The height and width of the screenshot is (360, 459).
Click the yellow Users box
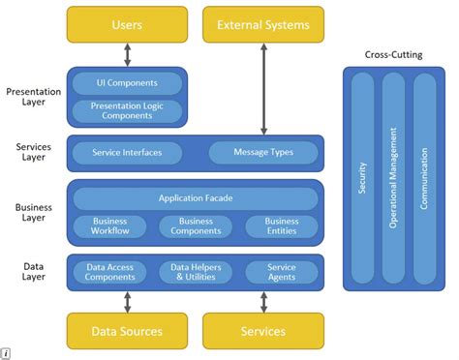click(127, 24)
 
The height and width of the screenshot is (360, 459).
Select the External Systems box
click(263, 24)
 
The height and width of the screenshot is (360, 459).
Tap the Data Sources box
click(127, 331)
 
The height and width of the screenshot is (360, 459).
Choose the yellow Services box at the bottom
click(263, 331)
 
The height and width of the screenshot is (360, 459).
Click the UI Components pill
click(127, 83)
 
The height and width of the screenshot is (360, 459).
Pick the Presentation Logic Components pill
click(127, 110)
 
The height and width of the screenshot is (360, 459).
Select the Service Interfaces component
click(127, 153)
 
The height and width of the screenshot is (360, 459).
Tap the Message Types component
click(263, 153)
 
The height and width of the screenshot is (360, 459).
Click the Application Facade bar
click(196, 198)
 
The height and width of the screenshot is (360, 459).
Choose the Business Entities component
click(282, 226)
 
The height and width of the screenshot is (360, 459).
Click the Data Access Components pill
click(109, 272)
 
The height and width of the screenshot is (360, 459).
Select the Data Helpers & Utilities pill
click(196, 272)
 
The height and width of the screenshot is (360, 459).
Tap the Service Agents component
click(282, 272)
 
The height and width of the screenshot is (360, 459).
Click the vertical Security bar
click(362, 179)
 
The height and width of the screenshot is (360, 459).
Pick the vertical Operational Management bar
click(393, 179)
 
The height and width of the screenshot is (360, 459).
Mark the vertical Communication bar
click(424, 179)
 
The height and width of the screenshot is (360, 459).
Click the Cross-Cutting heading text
click(393, 54)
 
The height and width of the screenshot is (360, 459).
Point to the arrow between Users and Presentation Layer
click(127, 54)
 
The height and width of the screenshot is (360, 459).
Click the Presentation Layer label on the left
click(33, 96)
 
